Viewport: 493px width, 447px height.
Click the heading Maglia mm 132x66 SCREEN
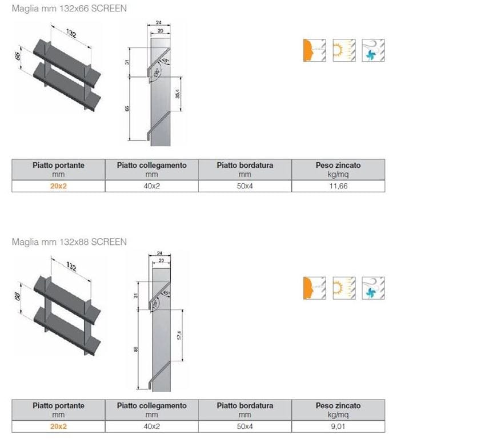coord(69,9)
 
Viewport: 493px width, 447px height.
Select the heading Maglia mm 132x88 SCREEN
coord(69,241)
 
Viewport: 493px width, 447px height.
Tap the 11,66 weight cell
coord(338,186)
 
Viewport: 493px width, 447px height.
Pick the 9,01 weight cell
coord(338,426)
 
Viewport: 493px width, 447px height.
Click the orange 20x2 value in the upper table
coord(58,186)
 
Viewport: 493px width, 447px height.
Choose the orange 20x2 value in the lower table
coord(58,426)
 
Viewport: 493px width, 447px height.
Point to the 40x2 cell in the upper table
coord(151,186)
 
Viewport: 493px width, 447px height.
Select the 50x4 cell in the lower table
coord(245,426)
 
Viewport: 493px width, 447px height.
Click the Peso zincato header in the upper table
coord(338,166)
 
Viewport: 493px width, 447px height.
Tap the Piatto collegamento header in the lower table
coord(151,406)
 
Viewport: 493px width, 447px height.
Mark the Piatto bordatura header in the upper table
coord(245,166)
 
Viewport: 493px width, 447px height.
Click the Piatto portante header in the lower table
coord(58,406)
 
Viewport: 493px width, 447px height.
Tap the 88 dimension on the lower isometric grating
coord(17,296)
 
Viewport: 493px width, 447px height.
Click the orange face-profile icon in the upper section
coord(314,50)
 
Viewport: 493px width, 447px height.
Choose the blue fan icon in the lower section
coord(373,288)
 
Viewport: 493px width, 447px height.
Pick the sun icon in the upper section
coord(343,50)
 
